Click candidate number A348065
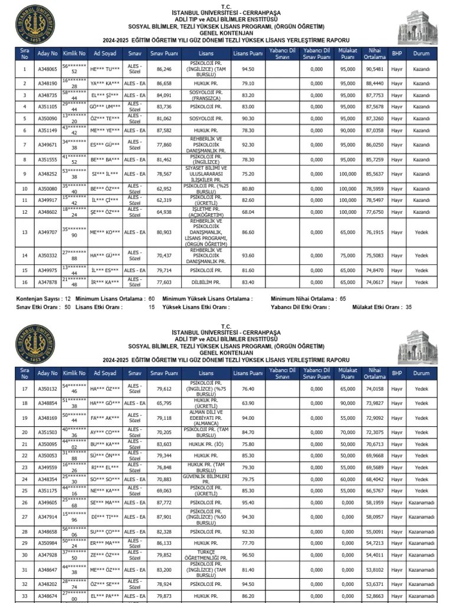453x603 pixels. click(x=48, y=69)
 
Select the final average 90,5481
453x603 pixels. click(x=374, y=69)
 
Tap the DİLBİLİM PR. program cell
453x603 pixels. click(x=206, y=283)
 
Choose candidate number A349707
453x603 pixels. click(x=48, y=233)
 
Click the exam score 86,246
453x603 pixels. click(x=164, y=69)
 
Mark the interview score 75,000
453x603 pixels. click(x=347, y=256)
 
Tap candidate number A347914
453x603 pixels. click(x=48, y=517)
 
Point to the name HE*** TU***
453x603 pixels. click(x=106, y=69)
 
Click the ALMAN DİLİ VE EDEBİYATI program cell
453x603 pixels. click(x=206, y=418)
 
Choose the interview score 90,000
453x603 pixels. click(x=347, y=403)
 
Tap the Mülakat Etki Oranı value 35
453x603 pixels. click(x=409, y=307)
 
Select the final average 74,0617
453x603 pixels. click(x=374, y=283)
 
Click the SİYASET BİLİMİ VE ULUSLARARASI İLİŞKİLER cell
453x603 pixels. click(x=206, y=174)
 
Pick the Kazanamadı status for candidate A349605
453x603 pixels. click(x=421, y=502)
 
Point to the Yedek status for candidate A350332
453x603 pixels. click(x=421, y=256)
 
